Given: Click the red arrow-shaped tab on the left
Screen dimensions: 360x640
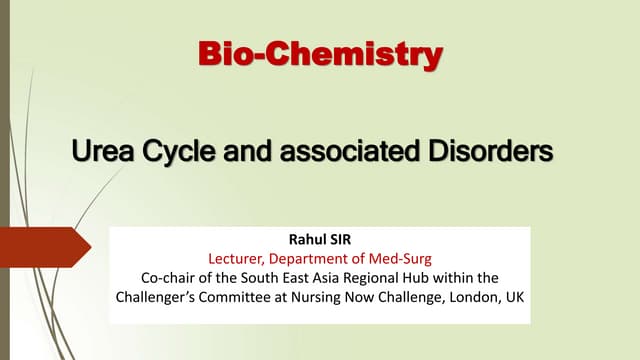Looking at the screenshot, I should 40,245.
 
